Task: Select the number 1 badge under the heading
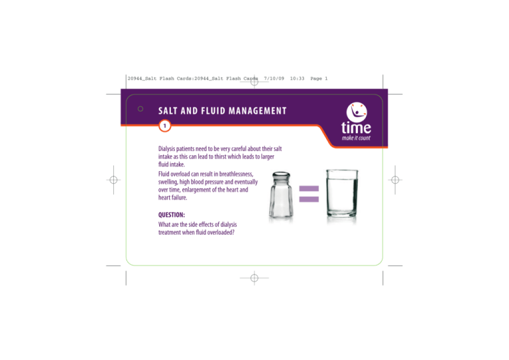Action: tap(164, 125)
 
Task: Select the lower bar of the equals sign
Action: tap(308, 200)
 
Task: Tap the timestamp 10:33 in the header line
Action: tap(297, 79)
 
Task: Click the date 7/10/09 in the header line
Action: tap(274, 79)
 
